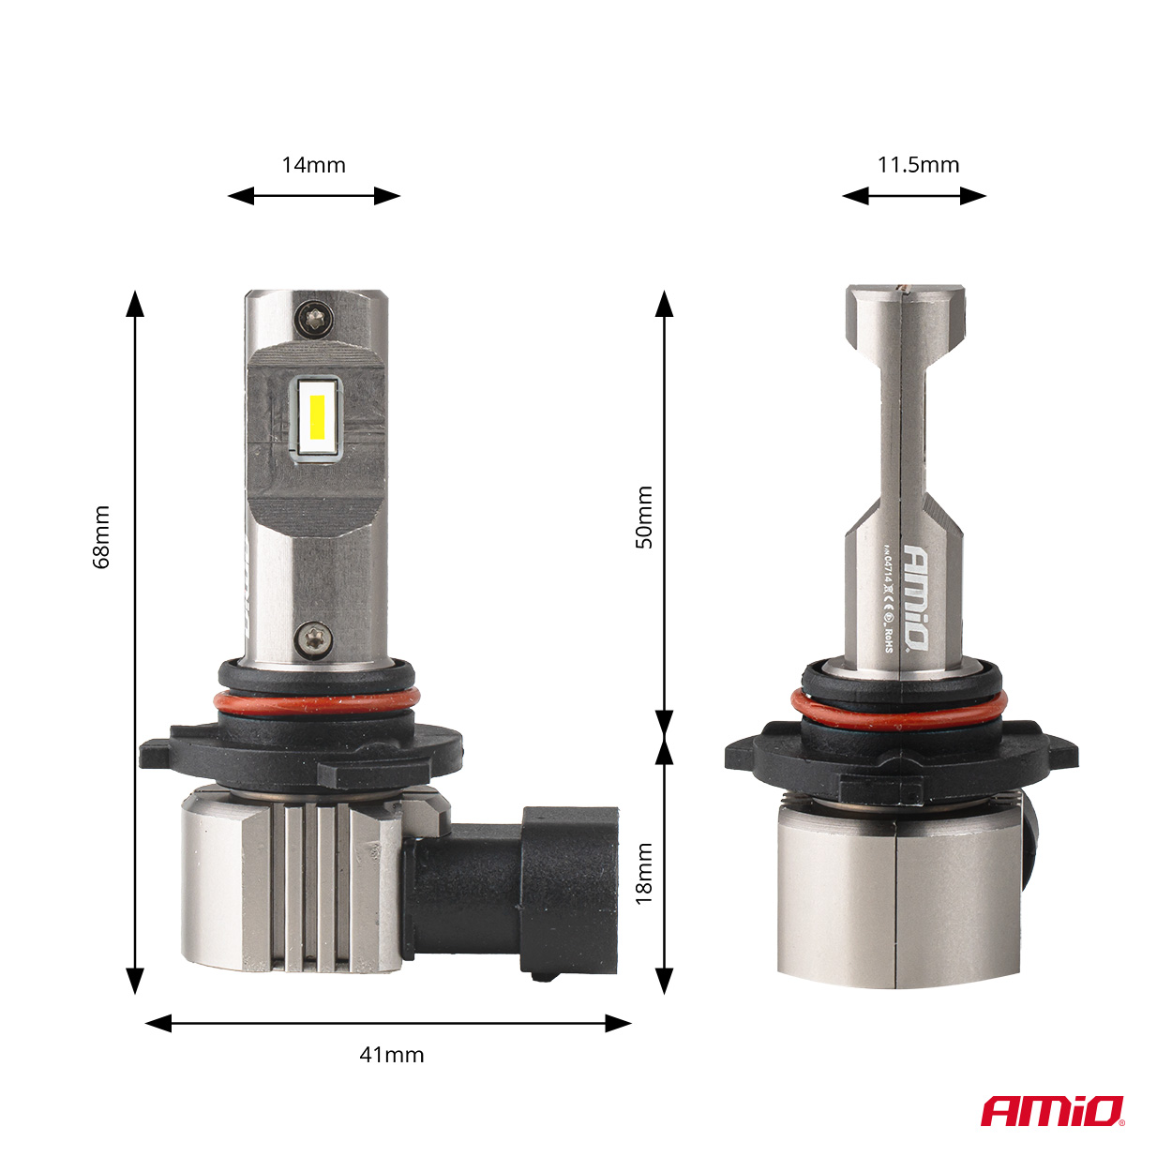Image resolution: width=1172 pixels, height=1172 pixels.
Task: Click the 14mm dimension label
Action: tap(313, 165)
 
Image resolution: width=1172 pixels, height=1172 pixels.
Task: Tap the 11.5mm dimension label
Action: tap(918, 165)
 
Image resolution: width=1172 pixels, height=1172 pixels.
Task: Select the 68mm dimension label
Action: tap(101, 537)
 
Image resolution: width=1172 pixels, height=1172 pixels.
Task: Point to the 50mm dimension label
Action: tap(644, 518)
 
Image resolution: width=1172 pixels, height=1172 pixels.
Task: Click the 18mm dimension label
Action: tap(644, 873)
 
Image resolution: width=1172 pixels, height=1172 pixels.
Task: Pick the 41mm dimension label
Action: tap(391, 1055)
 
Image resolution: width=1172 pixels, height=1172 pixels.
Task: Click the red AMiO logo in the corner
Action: tap(1051, 1112)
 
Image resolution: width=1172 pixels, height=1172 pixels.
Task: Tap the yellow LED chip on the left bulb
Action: tap(317, 420)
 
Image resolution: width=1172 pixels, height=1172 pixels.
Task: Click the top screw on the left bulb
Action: tap(312, 318)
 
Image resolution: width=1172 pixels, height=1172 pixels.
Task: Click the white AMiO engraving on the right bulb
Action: tap(916, 596)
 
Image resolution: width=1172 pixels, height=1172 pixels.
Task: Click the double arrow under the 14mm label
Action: tap(313, 196)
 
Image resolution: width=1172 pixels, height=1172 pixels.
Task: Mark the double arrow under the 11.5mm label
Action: tap(913, 196)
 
